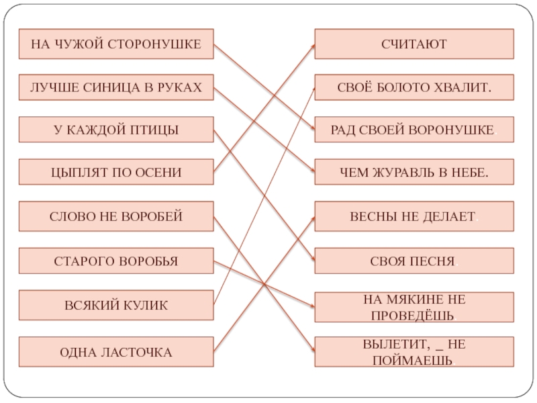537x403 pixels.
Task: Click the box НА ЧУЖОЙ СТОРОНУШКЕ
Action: (116, 44)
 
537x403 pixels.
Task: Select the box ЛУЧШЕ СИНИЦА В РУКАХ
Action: (116, 87)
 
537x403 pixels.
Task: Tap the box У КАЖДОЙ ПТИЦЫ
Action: (116, 130)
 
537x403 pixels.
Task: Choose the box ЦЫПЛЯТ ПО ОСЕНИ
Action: (116, 173)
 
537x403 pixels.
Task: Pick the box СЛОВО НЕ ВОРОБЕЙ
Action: (116, 216)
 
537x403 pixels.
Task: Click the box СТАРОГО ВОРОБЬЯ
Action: (116, 261)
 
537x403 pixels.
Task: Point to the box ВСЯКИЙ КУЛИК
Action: (116, 305)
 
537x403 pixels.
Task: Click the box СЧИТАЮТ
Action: (413, 44)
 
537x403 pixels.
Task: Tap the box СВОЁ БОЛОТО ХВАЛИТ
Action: (413, 88)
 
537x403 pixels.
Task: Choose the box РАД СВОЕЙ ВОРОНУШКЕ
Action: (413, 130)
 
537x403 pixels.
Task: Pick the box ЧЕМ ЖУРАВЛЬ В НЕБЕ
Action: (413, 173)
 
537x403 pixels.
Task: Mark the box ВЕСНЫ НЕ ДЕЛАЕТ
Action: (413, 216)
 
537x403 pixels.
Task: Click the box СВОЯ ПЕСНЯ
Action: (413, 261)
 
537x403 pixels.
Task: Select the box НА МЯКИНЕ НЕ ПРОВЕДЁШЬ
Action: (413, 306)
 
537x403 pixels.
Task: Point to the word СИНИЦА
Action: (109, 87)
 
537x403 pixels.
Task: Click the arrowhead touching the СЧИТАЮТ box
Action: (312, 46)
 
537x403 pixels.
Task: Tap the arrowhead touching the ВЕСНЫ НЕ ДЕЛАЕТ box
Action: (312, 219)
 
